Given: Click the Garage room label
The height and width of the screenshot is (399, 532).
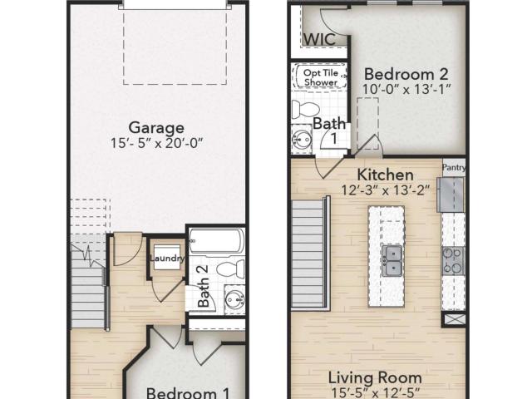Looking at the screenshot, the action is pos(156,128).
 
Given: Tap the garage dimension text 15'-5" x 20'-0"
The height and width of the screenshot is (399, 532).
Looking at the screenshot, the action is pos(156,143).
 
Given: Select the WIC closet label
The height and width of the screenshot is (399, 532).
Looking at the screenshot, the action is pos(319,39).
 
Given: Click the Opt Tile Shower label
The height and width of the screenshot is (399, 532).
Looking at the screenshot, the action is pos(321,77).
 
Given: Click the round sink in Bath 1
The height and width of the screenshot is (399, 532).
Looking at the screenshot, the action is pos(302,139).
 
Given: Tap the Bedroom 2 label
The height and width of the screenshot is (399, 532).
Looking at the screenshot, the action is pos(406,74).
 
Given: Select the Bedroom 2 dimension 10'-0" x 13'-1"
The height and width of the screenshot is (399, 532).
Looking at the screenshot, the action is pos(406,89).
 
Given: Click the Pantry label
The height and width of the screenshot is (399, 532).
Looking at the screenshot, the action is pos(454,167).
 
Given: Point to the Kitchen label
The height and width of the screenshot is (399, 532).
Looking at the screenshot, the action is pos(386,175).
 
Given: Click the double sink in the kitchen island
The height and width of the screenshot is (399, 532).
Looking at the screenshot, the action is pos(392,260).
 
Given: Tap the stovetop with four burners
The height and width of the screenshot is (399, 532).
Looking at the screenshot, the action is pos(453,260).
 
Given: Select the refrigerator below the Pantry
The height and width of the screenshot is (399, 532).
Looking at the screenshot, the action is pos(451,195).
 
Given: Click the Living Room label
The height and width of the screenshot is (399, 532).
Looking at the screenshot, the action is pos(375,377).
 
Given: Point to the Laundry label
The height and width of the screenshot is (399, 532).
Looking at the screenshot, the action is pos(167,259).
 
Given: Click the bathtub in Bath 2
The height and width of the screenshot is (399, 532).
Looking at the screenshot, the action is pos(216,241).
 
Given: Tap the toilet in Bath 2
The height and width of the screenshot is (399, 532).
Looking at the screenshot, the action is pos(231,268).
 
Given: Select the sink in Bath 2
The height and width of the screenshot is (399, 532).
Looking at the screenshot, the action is pos(234,299).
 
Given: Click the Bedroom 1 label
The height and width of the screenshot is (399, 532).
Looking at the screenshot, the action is pos(188,393).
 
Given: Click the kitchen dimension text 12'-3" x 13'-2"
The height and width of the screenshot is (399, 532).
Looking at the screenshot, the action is pos(386,190).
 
